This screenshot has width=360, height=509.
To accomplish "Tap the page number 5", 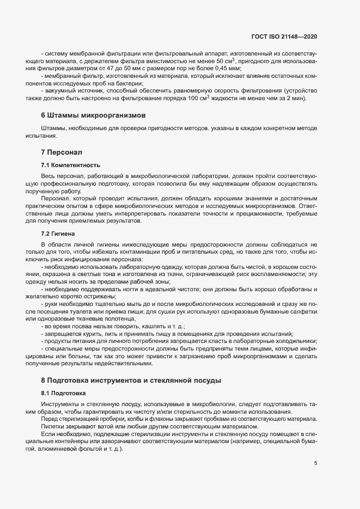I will click(x=316, y=463).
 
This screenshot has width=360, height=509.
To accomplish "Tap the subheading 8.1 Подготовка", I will click(x=63, y=393).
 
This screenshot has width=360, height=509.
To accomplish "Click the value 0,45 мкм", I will click(x=228, y=69).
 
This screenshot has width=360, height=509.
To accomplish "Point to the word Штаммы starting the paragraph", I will click(x=53, y=128).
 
